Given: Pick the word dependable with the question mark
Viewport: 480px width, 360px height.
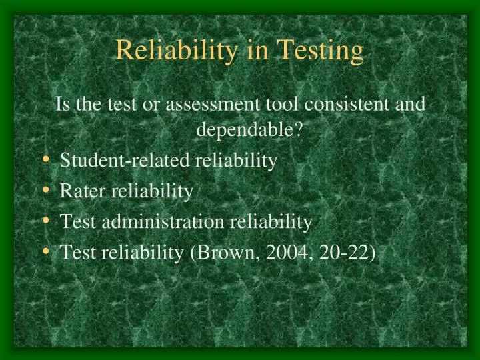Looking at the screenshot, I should (x=249, y=130).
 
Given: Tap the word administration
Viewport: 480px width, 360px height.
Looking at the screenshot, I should (x=160, y=222).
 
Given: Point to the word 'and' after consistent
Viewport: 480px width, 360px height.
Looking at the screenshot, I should (x=412, y=105).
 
